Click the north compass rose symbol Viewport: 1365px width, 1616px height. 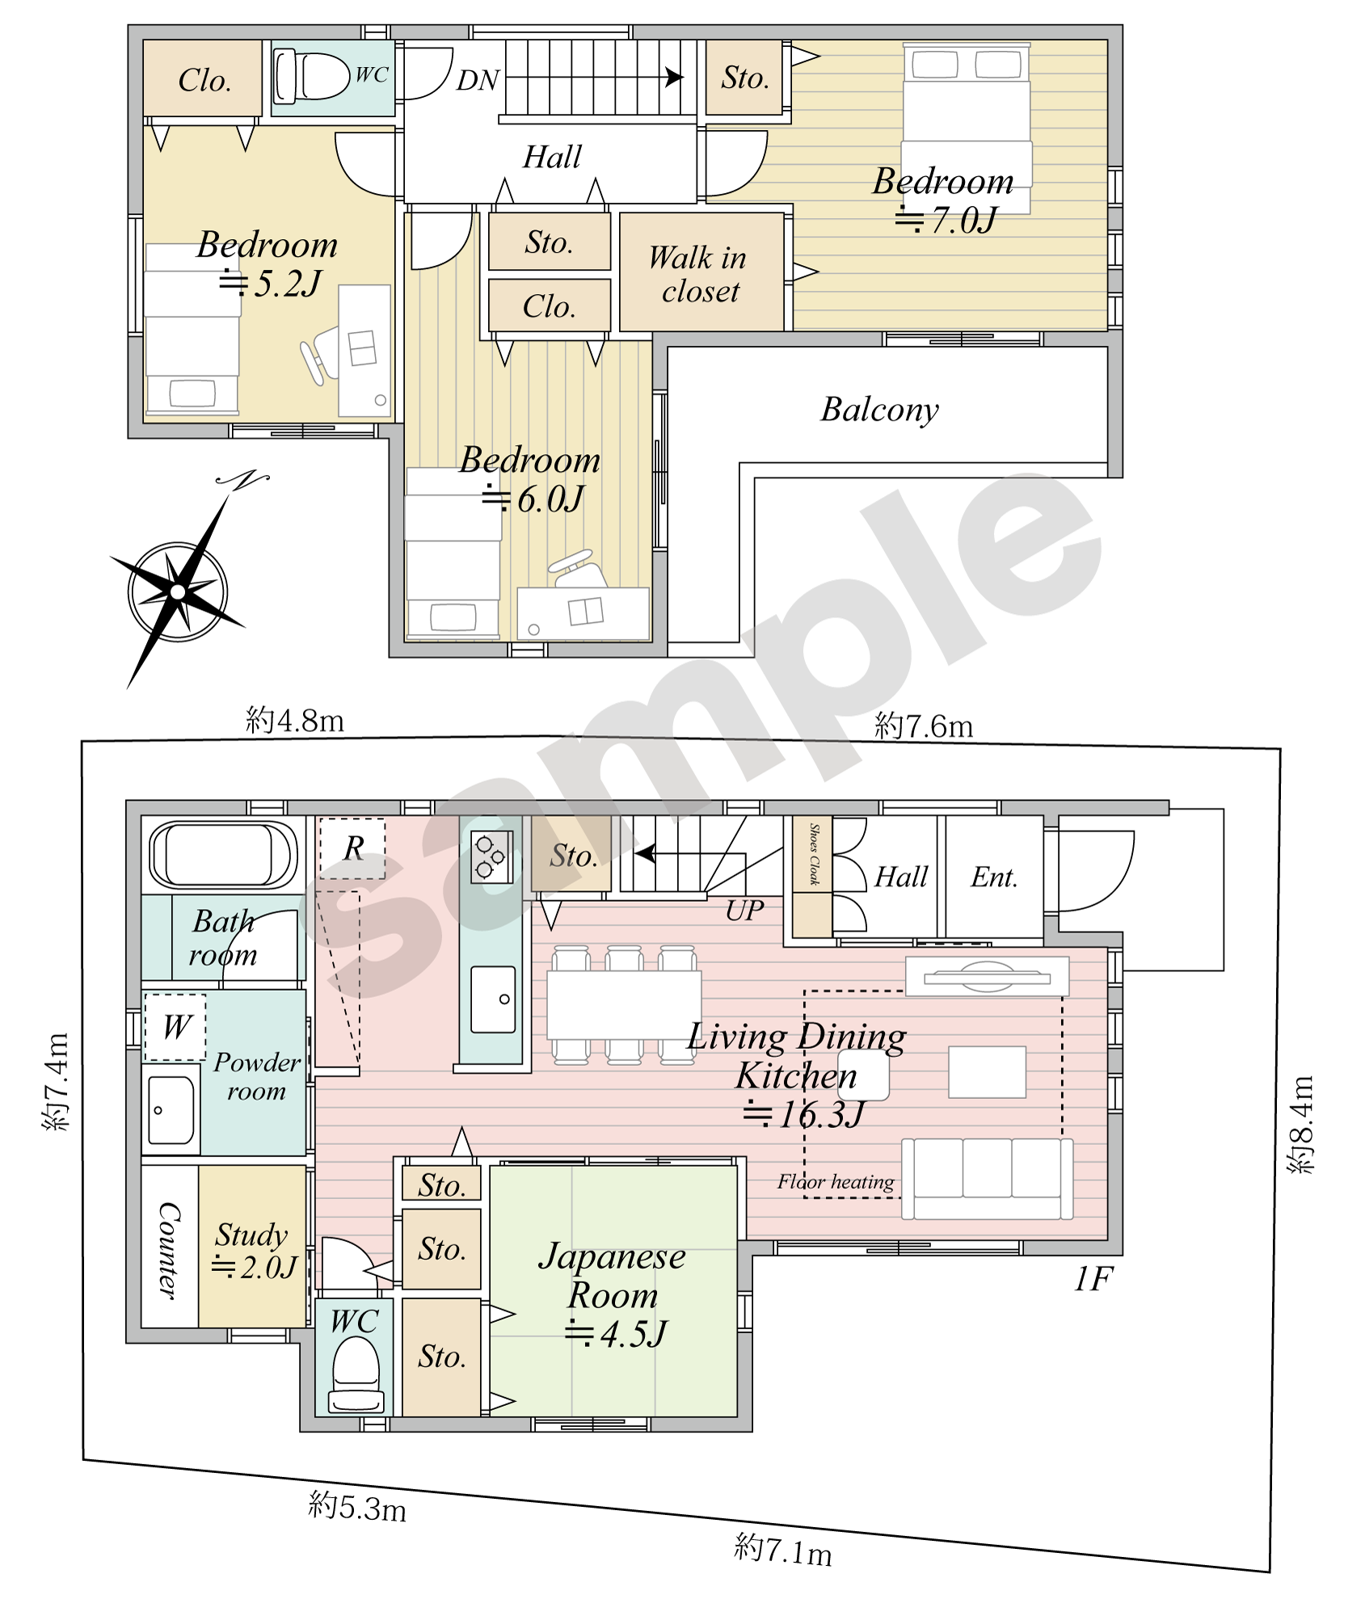[179, 591]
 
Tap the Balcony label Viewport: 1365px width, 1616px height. [880, 410]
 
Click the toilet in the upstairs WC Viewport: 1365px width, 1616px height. [311, 77]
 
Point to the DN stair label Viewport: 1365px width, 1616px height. [478, 80]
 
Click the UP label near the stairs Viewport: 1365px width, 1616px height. [744, 911]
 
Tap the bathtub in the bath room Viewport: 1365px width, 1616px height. [223, 855]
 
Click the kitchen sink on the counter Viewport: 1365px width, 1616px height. [493, 999]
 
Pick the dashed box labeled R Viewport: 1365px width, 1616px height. [352, 848]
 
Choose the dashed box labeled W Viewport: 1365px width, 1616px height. [175, 1027]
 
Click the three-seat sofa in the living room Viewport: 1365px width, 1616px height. [988, 1178]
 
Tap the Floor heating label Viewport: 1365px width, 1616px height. [836, 1182]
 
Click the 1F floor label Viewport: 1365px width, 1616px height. [1093, 1279]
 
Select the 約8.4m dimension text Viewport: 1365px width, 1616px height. [1301, 1124]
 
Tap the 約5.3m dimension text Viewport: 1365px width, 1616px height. [357, 1506]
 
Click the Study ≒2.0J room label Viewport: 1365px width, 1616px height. [254, 1250]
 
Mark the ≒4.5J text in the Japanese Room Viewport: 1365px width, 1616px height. [616, 1334]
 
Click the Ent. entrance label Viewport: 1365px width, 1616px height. [994, 877]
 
